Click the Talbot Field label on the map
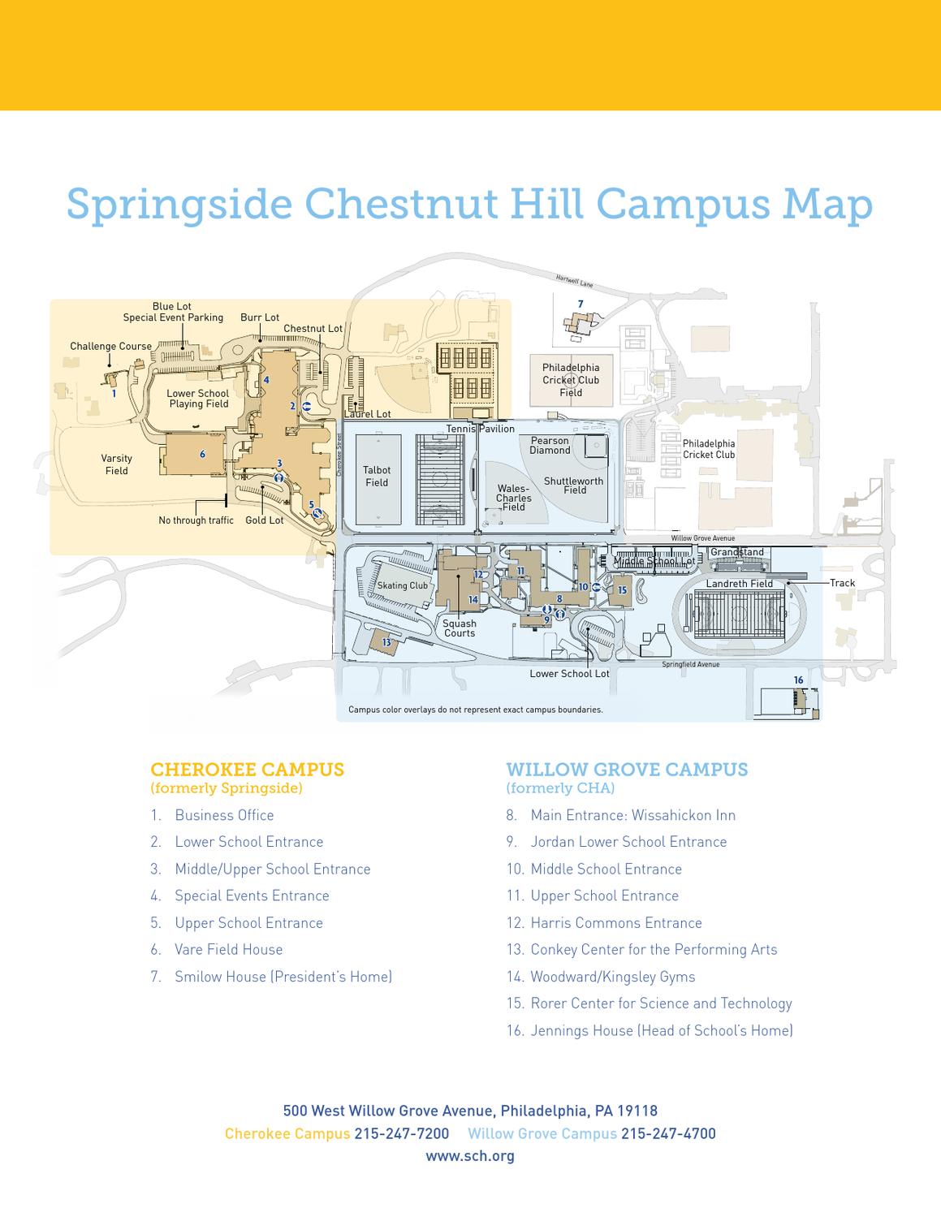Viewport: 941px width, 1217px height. click(x=377, y=476)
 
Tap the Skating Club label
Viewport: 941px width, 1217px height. click(x=402, y=585)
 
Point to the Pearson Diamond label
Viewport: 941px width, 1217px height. click(x=550, y=445)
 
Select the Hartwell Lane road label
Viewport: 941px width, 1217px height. click(x=575, y=281)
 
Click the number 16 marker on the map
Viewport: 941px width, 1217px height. click(x=798, y=680)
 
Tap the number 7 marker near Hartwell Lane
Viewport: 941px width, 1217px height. click(x=581, y=304)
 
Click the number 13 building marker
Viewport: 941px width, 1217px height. click(x=386, y=642)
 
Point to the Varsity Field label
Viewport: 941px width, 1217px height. click(x=117, y=464)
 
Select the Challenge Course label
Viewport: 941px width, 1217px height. click(x=110, y=346)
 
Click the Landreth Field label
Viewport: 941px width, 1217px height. click(x=739, y=584)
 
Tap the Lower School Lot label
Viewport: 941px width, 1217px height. click(x=569, y=674)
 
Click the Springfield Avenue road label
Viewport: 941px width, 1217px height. click(x=690, y=664)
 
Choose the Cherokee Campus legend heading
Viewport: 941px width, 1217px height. click(x=247, y=770)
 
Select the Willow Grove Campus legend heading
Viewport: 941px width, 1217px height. click(x=627, y=770)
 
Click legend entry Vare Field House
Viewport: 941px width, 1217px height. click(x=228, y=949)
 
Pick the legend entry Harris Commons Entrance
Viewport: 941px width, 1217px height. click(x=615, y=922)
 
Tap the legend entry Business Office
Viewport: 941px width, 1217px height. click(x=224, y=815)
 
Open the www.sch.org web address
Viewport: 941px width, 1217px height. click(x=470, y=1155)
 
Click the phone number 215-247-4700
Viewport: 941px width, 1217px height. click(x=668, y=1133)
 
